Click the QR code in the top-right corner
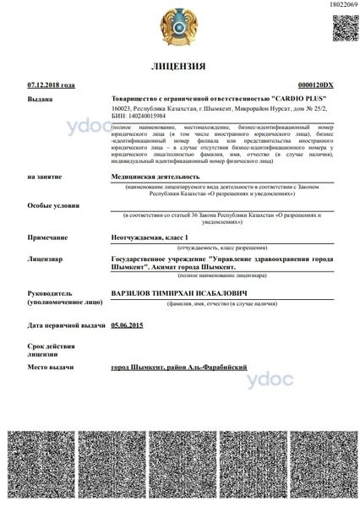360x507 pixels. pos(343,30)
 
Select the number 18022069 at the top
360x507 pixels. pos(341,5)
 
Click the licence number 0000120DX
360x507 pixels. pos(317,85)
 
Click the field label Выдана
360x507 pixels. pos(39,99)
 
